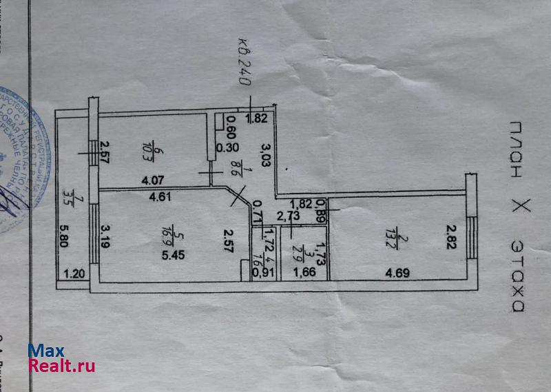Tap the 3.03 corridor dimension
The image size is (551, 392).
[265, 152]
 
